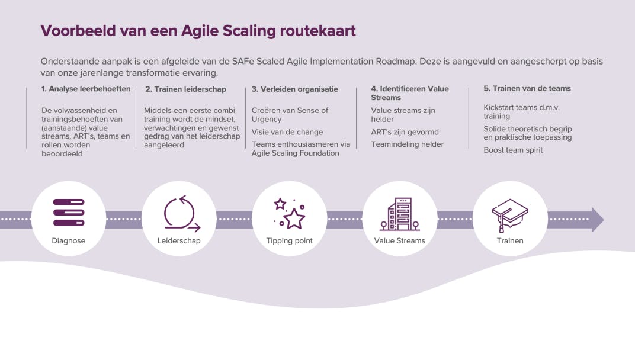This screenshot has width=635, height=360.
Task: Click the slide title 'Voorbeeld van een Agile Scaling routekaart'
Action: coord(198,31)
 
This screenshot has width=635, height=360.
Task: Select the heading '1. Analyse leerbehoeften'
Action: coord(86,89)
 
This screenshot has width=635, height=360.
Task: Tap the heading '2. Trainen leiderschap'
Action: coord(185,89)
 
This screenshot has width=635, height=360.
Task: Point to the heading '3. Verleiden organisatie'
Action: coord(295,89)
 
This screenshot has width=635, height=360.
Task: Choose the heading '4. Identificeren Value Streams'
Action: coord(410,93)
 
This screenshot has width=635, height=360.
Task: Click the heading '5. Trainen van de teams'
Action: coord(527,88)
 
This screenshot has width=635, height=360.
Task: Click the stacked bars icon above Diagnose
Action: coord(69,212)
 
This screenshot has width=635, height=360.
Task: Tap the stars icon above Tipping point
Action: coord(289,214)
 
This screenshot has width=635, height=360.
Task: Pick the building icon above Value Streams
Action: coord(399,214)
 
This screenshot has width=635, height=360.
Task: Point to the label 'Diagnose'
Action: coord(69,240)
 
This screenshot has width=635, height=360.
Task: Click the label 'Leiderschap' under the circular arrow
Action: coord(179,240)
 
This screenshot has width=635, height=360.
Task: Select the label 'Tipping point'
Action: coord(289,240)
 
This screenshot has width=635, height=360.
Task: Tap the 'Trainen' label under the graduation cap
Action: coord(510,240)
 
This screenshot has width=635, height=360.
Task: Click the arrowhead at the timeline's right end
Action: coord(598,220)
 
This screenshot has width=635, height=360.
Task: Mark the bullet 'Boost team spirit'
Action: coord(513,150)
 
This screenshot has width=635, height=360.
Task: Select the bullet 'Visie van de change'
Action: coord(287,132)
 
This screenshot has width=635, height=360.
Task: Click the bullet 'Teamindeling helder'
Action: coord(407,144)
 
